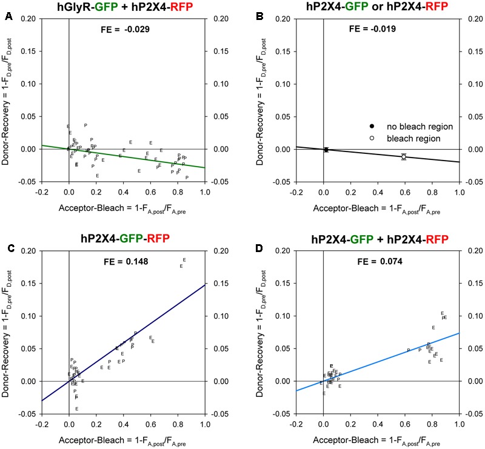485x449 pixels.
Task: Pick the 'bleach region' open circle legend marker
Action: pyautogui.click(x=372, y=138)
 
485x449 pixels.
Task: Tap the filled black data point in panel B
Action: pyautogui.click(x=326, y=150)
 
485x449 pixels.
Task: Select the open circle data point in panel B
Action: pyautogui.click(x=404, y=157)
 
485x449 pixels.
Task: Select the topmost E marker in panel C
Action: pyautogui.click(x=184, y=260)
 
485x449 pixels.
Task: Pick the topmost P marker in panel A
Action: pyautogui.click(x=85, y=125)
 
